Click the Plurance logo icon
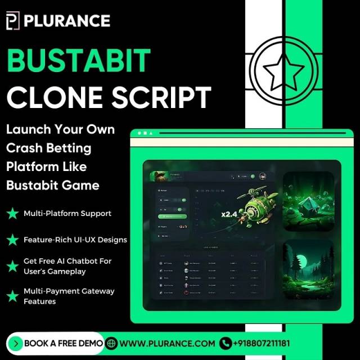[x=13, y=21]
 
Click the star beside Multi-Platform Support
[x=12, y=214]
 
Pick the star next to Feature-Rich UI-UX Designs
[x=12, y=240]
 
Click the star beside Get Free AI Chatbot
[x=12, y=266]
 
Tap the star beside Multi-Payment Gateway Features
[x=12, y=296]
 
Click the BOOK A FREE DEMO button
[x=56, y=343]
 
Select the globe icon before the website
[x=111, y=343]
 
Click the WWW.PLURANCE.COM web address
[x=167, y=343]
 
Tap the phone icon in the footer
[x=226, y=343]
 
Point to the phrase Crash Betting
[x=48, y=148]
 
